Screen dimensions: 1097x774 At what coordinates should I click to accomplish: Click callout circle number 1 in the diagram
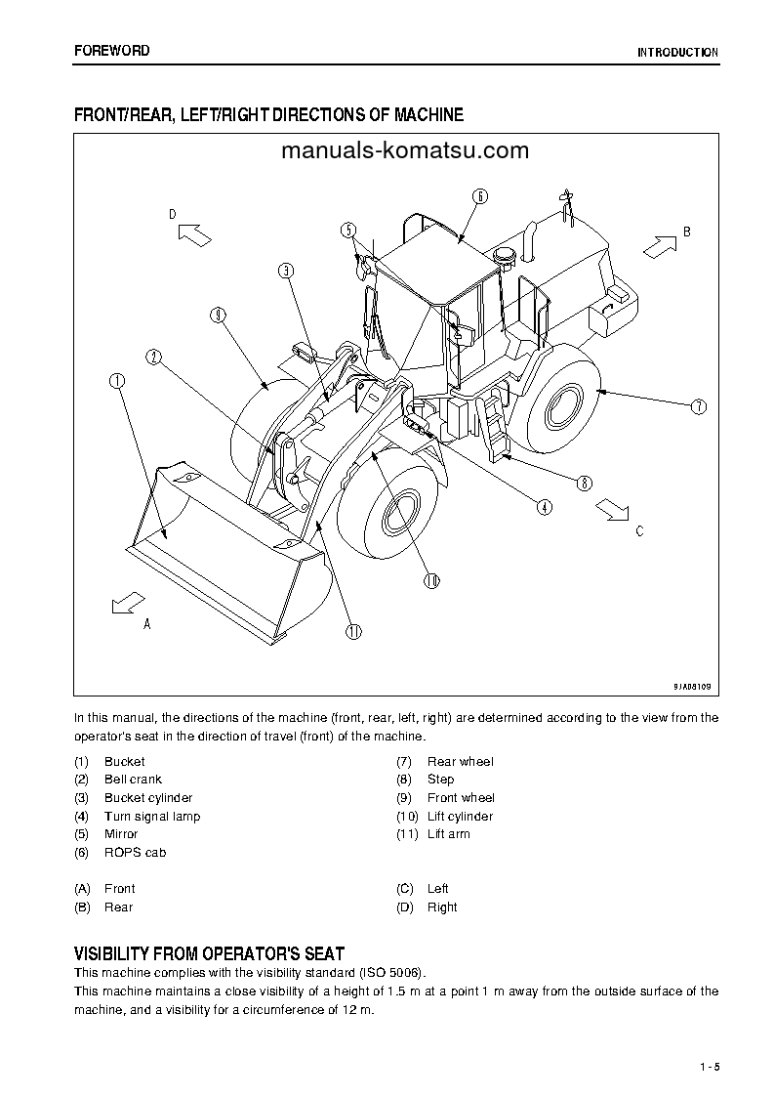click(x=117, y=381)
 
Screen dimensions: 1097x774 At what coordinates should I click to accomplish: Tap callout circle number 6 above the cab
click(x=479, y=195)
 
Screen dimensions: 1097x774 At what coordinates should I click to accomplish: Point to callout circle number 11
click(x=352, y=631)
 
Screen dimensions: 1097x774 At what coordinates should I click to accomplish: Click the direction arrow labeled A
click(x=127, y=605)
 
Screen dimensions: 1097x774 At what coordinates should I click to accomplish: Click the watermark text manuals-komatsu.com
click(x=404, y=150)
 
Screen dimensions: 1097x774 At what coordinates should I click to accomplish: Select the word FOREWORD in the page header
click(x=112, y=51)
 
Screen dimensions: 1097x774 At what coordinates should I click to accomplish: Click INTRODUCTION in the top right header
click(x=677, y=53)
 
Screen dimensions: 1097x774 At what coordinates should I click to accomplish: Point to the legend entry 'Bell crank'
click(x=133, y=780)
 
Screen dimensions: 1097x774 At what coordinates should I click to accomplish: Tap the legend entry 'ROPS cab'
click(x=135, y=853)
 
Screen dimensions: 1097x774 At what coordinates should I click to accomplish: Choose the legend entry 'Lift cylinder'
click(x=460, y=817)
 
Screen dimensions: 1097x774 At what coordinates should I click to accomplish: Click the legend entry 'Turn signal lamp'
click(x=151, y=817)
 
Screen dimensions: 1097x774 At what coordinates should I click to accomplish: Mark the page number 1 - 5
click(x=709, y=1066)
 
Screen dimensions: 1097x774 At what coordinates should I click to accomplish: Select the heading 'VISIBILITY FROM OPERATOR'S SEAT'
click(x=209, y=953)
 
